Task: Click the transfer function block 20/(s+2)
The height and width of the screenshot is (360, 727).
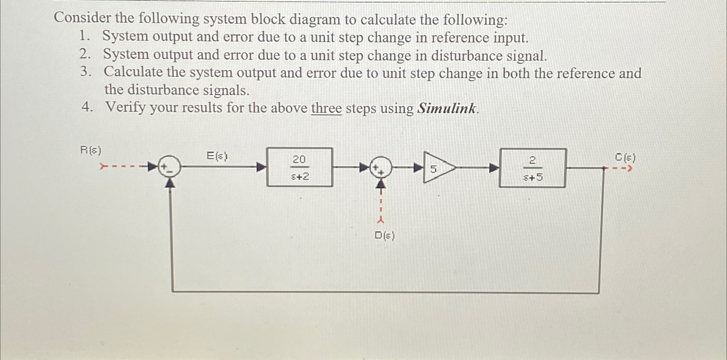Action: (300, 167)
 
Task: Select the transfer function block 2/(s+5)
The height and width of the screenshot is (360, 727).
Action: (532, 168)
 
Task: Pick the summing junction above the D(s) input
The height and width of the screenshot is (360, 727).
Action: (380, 167)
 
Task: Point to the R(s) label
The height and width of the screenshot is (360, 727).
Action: (91, 150)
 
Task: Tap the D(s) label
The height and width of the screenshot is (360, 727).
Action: (384, 236)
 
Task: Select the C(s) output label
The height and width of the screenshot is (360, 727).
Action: (625, 158)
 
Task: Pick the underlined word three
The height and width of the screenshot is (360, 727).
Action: (326, 108)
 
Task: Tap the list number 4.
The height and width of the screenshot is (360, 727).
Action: (87, 107)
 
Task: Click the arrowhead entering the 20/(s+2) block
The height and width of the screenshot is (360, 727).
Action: (261, 167)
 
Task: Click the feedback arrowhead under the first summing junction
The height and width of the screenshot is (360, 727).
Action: (172, 183)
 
